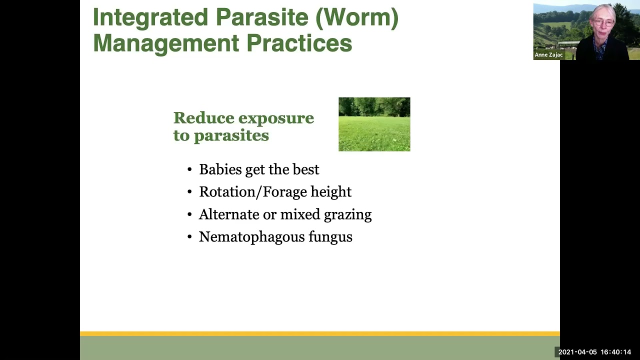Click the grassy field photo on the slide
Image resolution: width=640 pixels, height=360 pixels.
[374, 124]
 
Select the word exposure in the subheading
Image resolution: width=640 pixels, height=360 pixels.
[276, 118]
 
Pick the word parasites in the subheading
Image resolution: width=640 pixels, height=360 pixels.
[231, 135]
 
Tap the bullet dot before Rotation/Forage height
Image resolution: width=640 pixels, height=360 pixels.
[189, 192]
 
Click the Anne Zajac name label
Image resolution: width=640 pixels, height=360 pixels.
[548, 55]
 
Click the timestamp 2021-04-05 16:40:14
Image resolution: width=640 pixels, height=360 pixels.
[594, 352]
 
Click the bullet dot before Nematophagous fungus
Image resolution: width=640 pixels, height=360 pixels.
[189, 237]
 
